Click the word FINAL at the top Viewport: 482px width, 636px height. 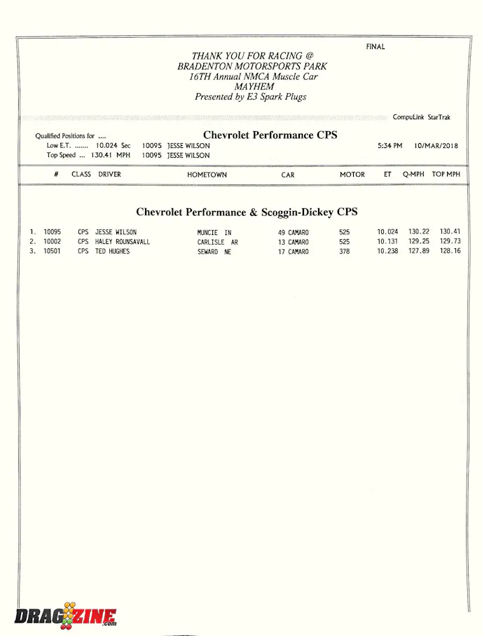[x=376, y=47]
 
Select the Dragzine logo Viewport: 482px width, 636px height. [x=65, y=616]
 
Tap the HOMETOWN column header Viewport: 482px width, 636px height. [x=207, y=175]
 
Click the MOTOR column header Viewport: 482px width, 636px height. [x=352, y=175]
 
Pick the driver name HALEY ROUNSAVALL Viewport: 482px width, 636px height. [x=123, y=242]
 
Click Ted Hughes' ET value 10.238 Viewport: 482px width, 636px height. [x=387, y=252]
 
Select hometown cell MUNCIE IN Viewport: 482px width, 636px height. [x=214, y=232]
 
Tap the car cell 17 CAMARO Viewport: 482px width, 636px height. [x=293, y=252]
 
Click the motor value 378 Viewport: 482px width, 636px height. [x=344, y=252]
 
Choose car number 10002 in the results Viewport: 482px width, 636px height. [x=53, y=242]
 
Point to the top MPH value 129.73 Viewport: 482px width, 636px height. [x=450, y=242]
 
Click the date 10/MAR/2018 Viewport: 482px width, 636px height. [x=436, y=146]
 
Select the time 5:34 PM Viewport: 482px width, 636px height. [x=390, y=146]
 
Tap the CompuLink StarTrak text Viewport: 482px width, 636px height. [x=422, y=117]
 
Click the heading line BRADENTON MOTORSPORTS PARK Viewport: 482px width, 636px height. [x=252, y=66]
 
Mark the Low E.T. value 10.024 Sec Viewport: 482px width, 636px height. [x=113, y=146]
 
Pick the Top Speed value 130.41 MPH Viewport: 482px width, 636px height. [x=111, y=156]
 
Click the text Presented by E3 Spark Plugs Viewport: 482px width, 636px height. [x=251, y=97]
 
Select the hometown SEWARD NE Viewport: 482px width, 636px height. [x=214, y=252]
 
